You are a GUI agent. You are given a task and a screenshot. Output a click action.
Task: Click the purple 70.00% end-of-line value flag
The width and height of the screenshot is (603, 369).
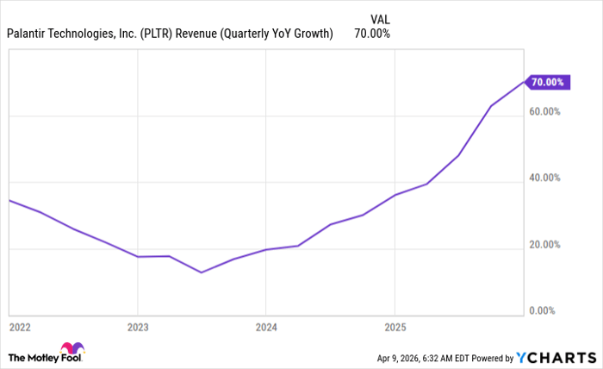point(548,82)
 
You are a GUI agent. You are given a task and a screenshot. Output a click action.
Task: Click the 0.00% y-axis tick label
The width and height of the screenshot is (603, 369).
point(545,310)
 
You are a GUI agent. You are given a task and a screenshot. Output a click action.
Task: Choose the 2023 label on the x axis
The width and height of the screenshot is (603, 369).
point(138,328)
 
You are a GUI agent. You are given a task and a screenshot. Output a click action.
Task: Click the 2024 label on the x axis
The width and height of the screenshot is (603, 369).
point(266,328)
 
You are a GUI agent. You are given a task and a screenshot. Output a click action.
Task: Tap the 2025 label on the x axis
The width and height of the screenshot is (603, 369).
point(395,328)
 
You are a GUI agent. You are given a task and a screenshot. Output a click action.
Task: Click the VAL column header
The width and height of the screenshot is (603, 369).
point(379,16)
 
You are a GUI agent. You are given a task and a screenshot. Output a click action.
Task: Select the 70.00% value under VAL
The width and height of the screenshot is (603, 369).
point(372,34)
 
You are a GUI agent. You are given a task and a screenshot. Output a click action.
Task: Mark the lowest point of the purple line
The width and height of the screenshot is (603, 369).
point(202,272)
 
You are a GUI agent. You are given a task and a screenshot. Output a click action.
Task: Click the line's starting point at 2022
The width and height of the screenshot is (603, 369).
point(9,200)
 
